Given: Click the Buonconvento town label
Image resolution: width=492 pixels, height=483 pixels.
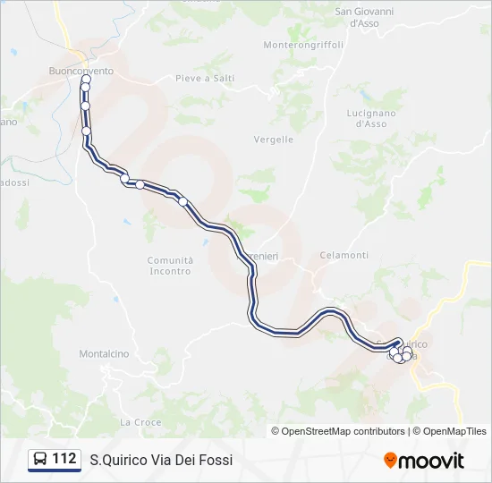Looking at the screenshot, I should pyautogui.click(x=81, y=70).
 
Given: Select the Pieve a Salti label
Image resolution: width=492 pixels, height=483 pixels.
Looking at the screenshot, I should pyautogui.click(x=205, y=78).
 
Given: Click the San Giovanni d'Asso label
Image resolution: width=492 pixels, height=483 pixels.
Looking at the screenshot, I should pyautogui.click(x=365, y=17).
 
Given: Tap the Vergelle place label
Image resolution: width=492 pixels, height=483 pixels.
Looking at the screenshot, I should pyautogui.click(x=274, y=140).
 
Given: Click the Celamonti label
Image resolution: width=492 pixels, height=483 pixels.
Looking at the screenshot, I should pyautogui.click(x=344, y=255).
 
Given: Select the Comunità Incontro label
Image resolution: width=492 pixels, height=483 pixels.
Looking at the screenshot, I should pyautogui.click(x=170, y=265).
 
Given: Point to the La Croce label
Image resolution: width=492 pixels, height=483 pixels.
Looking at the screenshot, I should pyautogui.click(x=140, y=421).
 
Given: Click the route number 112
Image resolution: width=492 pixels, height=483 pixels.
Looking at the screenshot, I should pyautogui.click(x=64, y=459).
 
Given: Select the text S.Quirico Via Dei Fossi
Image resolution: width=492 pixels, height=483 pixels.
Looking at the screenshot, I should pyautogui.click(x=161, y=460).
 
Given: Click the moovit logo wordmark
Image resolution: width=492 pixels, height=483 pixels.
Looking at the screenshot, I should pyautogui.click(x=431, y=461).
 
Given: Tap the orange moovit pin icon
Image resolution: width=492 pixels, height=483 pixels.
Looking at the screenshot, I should pyautogui.click(x=390, y=461).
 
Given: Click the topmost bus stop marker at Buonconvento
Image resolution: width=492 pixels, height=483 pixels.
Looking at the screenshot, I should pyautogui.click(x=87, y=80).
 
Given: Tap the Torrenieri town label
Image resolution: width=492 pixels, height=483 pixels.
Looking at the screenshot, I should pyautogui.click(x=261, y=257).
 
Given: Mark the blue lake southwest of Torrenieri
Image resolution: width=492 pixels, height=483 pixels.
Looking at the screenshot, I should pyautogui.click(x=207, y=241).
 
